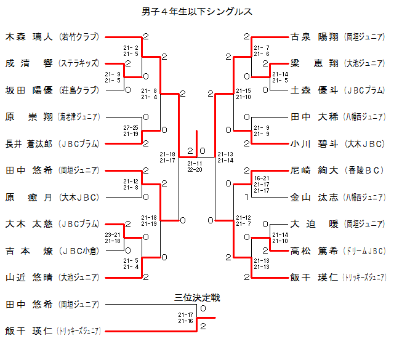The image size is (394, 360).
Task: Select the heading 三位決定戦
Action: [197, 298]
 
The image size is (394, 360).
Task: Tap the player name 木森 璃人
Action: [29, 37]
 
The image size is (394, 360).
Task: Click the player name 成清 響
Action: [29, 63]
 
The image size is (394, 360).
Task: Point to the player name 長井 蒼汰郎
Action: [29, 144]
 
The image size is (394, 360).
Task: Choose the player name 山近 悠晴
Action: [29, 277]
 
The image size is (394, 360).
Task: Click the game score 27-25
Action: [131, 128]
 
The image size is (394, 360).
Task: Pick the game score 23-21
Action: [113, 234]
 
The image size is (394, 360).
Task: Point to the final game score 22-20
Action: [195, 169]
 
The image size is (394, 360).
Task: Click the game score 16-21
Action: [262, 178]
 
